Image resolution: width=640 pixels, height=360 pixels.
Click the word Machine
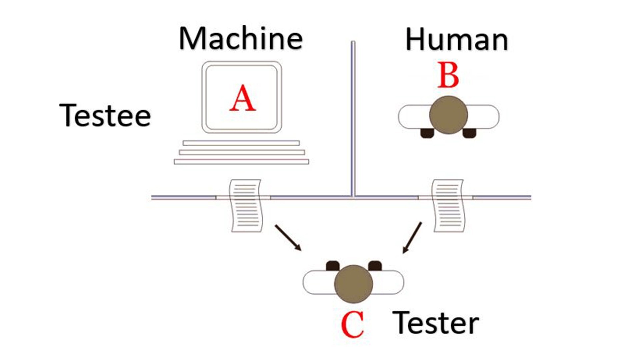(241, 39)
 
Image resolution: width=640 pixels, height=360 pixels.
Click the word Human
(456, 40)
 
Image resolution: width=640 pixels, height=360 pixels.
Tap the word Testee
(105, 115)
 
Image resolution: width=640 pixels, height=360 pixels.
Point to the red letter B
(448, 76)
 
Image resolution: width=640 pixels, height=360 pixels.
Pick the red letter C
(353, 325)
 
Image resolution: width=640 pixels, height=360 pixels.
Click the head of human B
(448, 115)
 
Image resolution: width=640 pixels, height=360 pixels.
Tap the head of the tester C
(353, 284)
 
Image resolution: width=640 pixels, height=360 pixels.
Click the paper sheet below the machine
(246, 206)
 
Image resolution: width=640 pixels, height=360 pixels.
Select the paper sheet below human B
(448, 206)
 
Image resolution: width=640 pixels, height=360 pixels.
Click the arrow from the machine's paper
(288, 237)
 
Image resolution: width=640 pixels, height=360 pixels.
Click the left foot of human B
(427, 133)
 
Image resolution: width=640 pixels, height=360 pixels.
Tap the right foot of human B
(469, 133)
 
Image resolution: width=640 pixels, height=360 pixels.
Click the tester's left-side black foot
(333, 266)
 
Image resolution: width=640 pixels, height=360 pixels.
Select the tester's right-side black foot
(375, 266)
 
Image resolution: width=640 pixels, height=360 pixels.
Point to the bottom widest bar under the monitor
(241, 162)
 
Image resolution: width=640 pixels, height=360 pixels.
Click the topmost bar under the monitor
(241, 143)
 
